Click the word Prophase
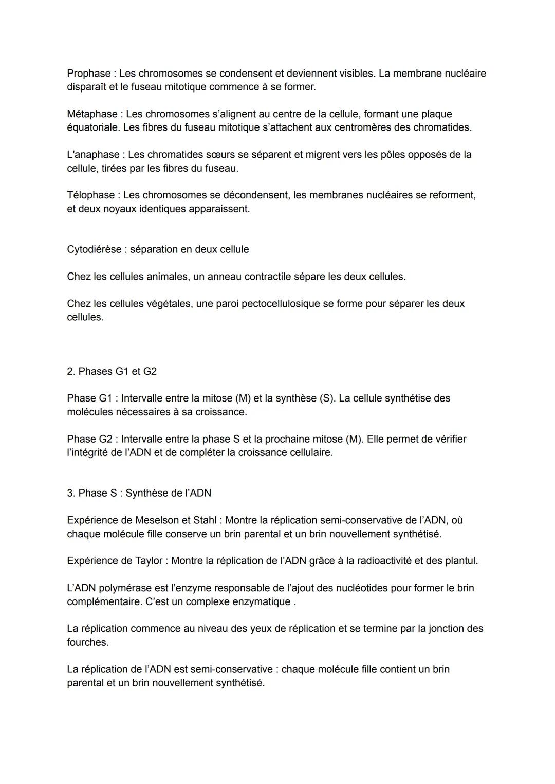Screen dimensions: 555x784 coord(88,74)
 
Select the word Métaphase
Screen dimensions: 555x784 coord(92,114)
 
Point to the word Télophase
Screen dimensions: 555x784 coord(90,195)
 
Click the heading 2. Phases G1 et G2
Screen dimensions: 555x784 coord(112,371)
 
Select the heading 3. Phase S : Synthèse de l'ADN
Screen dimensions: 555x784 coord(139,493)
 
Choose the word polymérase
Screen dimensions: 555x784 coord(125,588)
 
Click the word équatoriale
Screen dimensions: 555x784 coord(93,127)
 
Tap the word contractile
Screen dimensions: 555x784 coord(267,277)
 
